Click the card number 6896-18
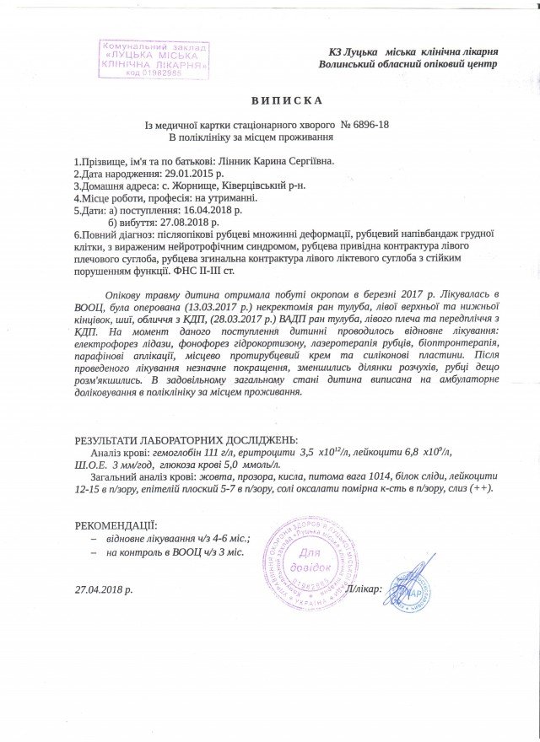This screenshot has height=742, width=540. (369, 125)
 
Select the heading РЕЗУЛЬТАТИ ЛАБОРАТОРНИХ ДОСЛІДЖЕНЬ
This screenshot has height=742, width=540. (186, 439)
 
